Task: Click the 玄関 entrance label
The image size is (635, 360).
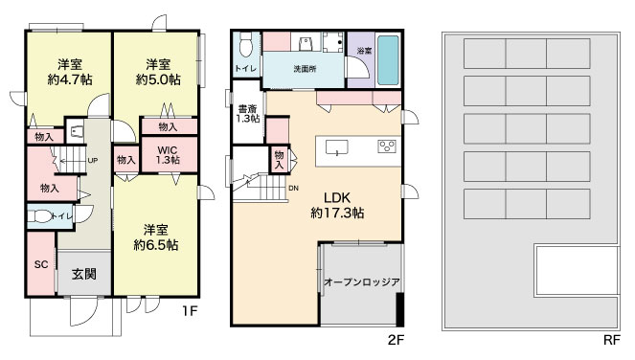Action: [84, 274]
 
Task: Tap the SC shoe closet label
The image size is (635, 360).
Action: [41, 265]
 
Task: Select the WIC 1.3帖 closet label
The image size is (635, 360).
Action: [168, 155]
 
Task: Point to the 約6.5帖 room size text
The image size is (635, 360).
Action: [156, 245]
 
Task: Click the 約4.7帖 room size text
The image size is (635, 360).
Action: [70, 79]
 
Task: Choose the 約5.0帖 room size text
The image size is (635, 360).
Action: [158, 79]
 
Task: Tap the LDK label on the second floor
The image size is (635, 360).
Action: [337, 198]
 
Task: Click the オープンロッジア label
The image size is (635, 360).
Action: [362, 282]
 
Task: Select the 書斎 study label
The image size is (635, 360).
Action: [247, 109]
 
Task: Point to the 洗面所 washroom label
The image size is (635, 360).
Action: [305, 69]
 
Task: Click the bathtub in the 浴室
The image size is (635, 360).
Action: [388, 60]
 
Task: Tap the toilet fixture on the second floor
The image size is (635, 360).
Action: [246, 45]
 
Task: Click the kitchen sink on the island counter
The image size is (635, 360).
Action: [337, 147]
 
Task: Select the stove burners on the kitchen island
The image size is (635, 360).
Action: [387, 146]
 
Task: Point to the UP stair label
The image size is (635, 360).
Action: [93, 160]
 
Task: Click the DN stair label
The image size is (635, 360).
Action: [294, 189]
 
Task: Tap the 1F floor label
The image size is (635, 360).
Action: [189, 311]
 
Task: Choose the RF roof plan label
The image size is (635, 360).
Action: [611, 340]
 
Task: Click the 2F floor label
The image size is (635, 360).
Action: [396, 340]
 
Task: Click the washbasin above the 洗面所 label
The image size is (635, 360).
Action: [306, 42]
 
